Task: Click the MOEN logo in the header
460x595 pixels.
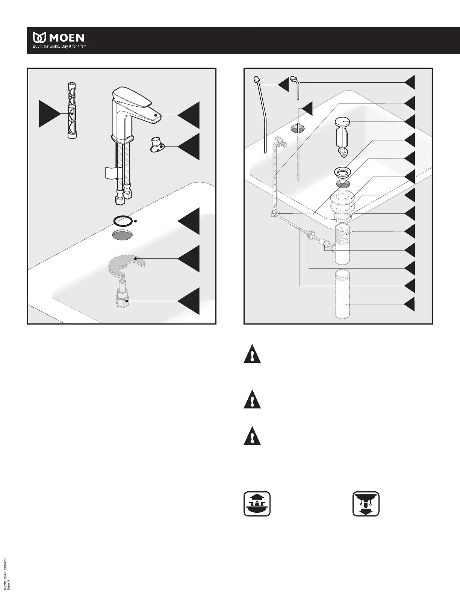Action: (x=59, y=38)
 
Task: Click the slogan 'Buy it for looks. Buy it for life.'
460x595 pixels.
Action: (x=60, y=47)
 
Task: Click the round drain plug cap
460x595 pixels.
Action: (x=342, y=122)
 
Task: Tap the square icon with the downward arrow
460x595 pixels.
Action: (x=366, y=504)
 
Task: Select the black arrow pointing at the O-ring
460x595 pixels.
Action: (x=189, y=221)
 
